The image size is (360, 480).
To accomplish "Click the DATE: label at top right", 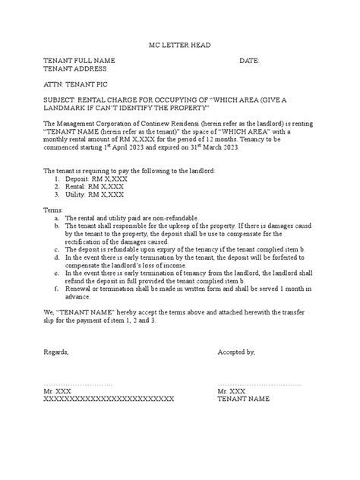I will click(x=250, y=60).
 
